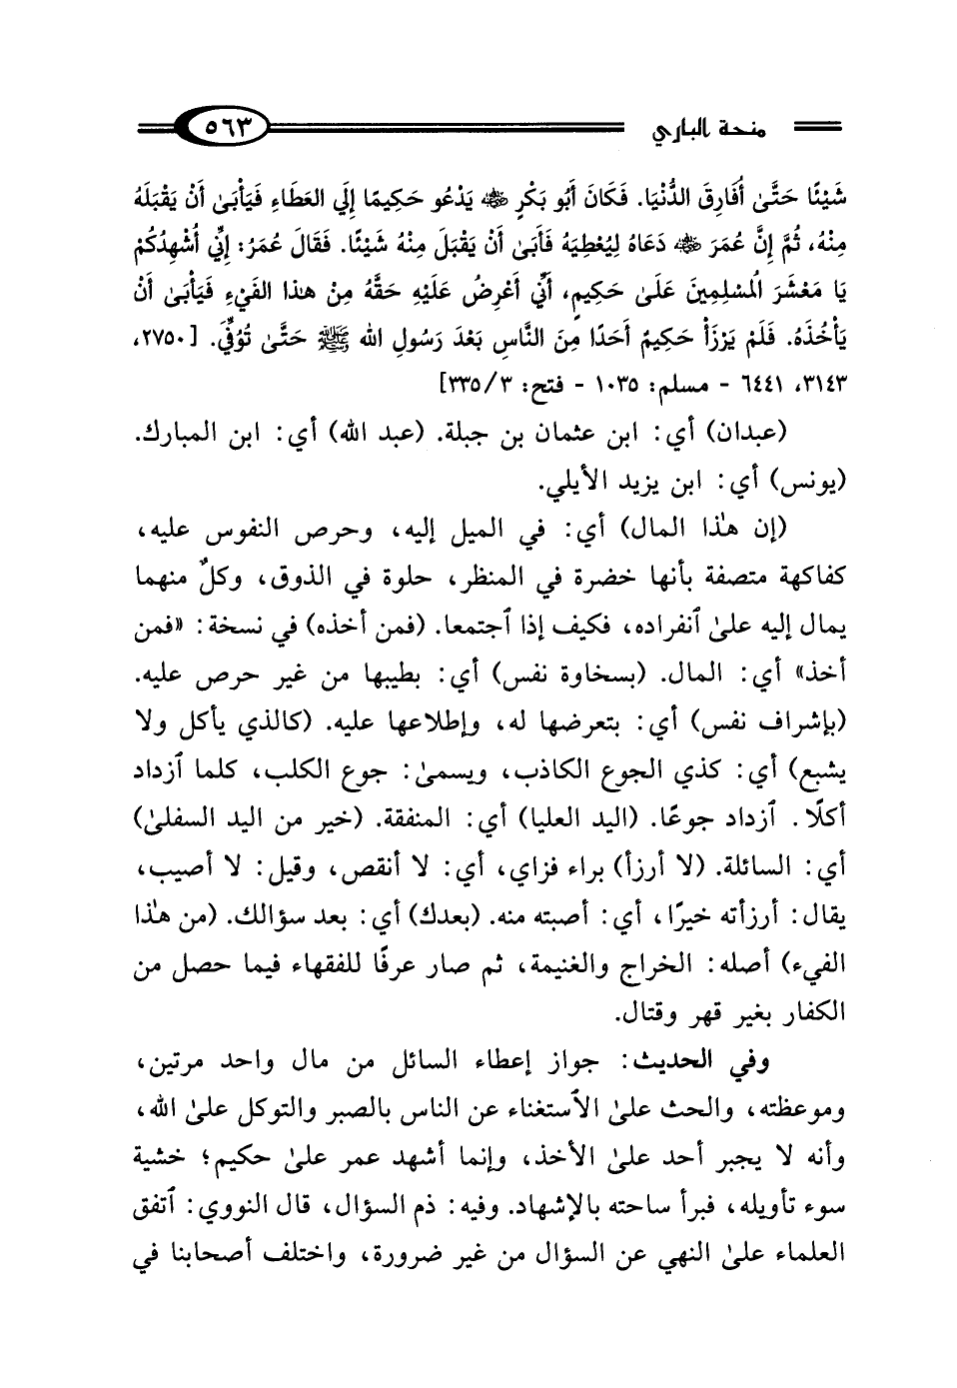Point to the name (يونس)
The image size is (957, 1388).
click(x=807, y=487)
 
